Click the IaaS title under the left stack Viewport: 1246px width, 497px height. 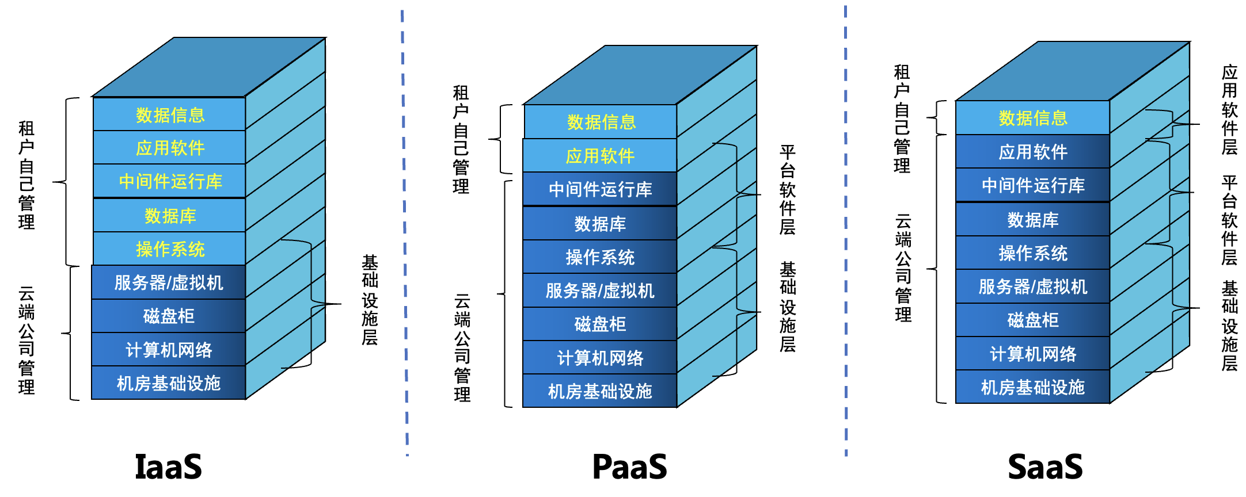(x=168, y=467)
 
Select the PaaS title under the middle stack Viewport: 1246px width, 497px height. (x=629, y=467)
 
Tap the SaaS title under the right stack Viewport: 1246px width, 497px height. (x=1045, y=467)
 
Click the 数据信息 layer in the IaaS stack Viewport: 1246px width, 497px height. (x=170, y=115)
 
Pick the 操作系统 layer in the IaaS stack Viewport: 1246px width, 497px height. (x=170, y=249)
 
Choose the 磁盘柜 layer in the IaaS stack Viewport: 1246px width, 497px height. (x=169, y=316)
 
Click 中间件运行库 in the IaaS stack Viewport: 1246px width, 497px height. (x=170, y=182)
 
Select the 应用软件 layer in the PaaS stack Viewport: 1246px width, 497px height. (x=600, y=156)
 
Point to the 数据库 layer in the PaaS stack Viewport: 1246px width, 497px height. (x=600, y=224)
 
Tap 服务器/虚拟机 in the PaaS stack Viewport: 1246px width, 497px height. (x=600, y=290)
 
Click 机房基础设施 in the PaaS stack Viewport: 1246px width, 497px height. (x=600, y=392)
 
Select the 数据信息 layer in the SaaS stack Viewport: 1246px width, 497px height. (x=1033, y=118)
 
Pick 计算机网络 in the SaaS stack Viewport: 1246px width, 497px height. (x=1033, y=354)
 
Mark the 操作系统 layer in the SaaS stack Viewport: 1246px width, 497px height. (x=1033, y=253)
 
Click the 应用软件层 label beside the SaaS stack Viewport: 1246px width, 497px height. (x=1229, y=109)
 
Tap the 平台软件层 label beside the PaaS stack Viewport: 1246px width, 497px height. (x=787, y=190)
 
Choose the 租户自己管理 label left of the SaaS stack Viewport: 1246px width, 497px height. (x=902, y=119)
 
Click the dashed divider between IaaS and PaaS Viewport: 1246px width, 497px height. (x=405, y=230)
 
